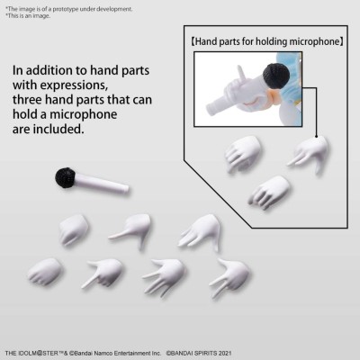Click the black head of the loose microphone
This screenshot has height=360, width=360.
[65, 176]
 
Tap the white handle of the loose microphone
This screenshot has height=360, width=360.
[103, 185]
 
